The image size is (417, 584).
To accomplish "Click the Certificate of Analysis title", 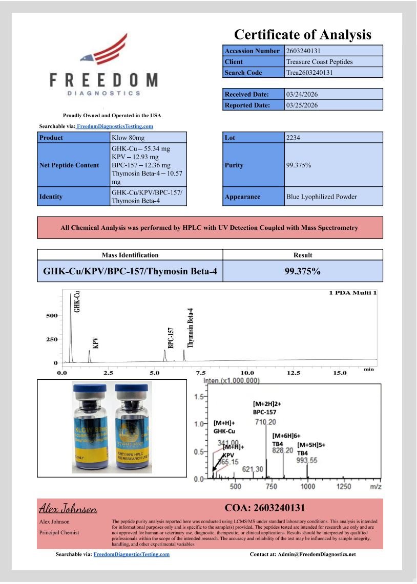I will pyautogui.click(x=302, y=35).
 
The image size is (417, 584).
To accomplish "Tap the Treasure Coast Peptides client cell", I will pyautogui.click(x=320, y=62).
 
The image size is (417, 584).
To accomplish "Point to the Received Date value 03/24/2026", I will pyautogui.click(x=302, y=94).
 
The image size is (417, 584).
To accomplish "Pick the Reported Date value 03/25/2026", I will pyautogui.click(x=302, y=105).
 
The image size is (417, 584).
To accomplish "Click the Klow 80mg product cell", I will pyautogui.click(x=125, y=138).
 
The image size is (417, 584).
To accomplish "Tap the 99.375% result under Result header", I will pyautogui.click(x=303, y=271).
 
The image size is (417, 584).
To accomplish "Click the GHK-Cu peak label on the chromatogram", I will pyautogui.click(x=77, y=301).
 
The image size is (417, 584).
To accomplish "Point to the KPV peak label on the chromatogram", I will pyautogui.click(x=95, y=342).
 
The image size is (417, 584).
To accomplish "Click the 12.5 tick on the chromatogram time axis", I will pyautogui.click(x=293, y=373).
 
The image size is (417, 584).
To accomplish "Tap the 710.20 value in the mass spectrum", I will pyautogui.click(x=265, y=422).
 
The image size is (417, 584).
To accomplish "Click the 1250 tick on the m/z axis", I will pyautogui.click(x=343, y=487).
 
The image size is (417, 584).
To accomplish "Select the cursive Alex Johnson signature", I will pyautogui.click(x=68, y=509).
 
